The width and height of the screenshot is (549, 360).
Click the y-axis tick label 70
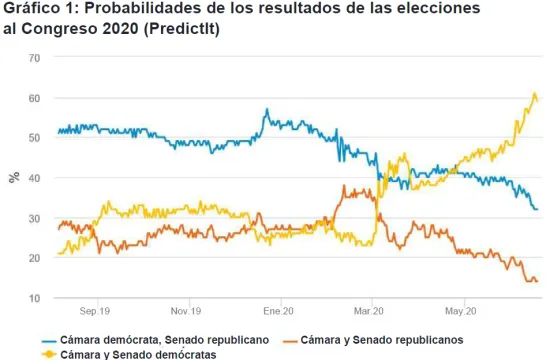click(x=34, y=58)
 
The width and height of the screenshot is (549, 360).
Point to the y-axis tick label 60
click(x=34, y=98)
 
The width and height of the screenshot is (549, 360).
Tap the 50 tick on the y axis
click(x=34, y=138)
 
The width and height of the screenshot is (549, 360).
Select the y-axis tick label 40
click(x=34, y=178)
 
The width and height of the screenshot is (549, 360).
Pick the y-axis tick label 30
click(x=34, y=218)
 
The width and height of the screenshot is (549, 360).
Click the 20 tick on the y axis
click(x=34, y=258)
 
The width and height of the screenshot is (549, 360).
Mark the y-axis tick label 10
click(x=34, y=298)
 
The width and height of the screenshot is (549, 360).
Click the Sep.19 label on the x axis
click(x=95, y=311)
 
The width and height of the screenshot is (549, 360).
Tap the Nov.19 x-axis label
click(x=186, y=311)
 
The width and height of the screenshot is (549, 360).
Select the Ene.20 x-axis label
click(x=278, y=311)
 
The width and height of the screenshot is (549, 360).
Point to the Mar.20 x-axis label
click(x=369, y=311)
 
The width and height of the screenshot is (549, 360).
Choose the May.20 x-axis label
click(x=461, y=311)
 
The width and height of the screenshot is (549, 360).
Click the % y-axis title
click(x=14, y=178)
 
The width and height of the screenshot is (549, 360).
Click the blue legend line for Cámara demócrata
click(x=49, y=341)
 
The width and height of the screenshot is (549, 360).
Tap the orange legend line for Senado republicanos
click(x=290, y=341)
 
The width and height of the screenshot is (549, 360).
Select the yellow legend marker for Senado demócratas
click(x=49, y=355)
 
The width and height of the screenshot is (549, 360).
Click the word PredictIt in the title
click(x=181, y=29)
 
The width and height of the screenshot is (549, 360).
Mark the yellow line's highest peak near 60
click(x=534, y=93)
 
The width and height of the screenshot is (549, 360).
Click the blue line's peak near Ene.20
click(x=267, y=109)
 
